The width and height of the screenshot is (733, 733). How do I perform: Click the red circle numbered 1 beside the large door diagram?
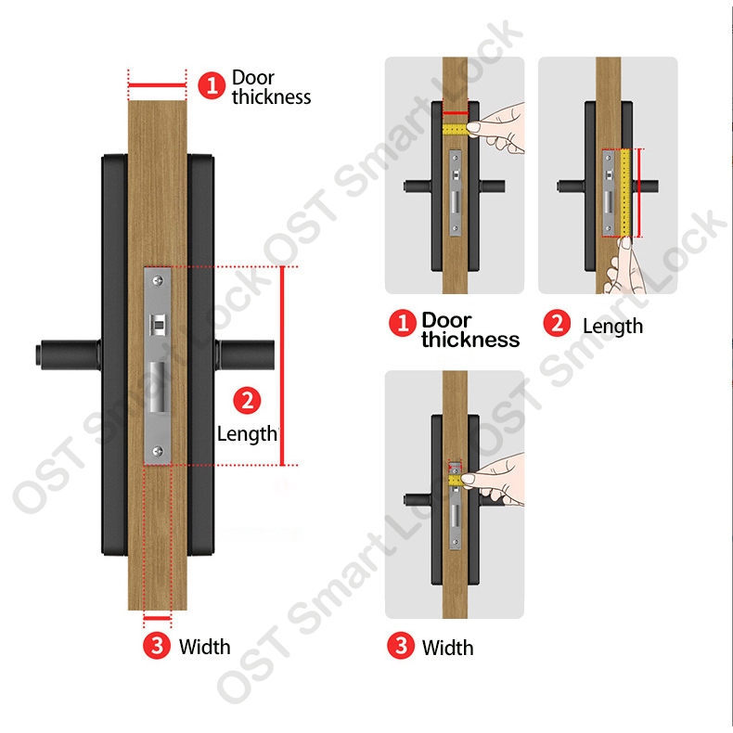[x=212, y=85]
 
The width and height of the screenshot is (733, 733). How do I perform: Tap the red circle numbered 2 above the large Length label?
[x=247, y=400]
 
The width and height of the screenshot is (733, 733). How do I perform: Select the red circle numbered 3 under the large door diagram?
[x=157, y=646]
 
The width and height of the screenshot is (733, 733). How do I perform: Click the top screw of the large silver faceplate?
[x=158, y=280]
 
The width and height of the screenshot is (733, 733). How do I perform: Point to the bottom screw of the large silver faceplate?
[x=158, y=451]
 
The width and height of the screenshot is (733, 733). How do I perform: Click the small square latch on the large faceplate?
[x=158, y=325]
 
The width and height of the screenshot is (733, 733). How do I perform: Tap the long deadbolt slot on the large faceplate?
[x=158, y=388]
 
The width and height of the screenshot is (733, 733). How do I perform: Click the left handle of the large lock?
[x=69, y=354]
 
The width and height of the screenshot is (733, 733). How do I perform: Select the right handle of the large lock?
[x=245, y=354]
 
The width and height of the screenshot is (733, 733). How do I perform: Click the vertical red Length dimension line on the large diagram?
[x=282, y=366]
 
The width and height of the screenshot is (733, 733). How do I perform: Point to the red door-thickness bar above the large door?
[x=157, y=85]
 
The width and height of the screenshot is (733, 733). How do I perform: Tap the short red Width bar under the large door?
[x=157, y=619]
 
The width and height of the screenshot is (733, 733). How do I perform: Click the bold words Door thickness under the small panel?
[x=470, y=330]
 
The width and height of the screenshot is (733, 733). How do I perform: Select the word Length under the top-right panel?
[x=613, y=327]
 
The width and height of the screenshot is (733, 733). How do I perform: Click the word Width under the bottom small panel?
[x=448, y=648]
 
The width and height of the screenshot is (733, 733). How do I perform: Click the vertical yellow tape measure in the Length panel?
[x=626, y=193]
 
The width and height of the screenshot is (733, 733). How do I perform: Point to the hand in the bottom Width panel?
[x=495, y=479]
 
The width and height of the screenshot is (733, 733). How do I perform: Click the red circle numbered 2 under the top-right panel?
[x=557, y=323]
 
